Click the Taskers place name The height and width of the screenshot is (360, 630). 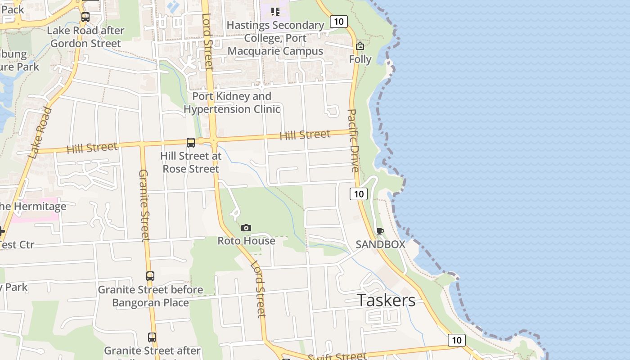(386, 300)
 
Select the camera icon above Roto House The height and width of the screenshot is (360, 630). (246, 228)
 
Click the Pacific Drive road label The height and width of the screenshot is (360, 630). (354, 140)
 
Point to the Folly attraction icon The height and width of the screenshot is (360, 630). (360, 46)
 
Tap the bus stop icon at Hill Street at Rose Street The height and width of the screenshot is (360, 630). (191, 143)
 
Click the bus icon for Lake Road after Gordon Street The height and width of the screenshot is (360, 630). (85, 17)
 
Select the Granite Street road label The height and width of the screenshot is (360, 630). (144, 205)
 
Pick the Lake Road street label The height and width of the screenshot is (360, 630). (40, 133)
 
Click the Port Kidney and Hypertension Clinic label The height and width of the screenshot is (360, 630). (232, 103)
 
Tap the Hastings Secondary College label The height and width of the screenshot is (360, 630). (275, 38)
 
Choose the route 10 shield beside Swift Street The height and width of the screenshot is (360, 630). (456, 340)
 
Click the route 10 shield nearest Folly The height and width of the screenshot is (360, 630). (339, 21)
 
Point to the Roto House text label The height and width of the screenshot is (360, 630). (246, 241)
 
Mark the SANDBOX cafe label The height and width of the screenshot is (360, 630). (380, 244)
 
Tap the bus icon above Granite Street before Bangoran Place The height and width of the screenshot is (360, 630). (150, 276)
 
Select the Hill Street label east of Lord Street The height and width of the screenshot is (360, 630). (305, 135)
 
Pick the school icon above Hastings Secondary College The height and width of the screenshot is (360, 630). (275, 11)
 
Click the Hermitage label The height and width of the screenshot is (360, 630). (33, 207)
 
